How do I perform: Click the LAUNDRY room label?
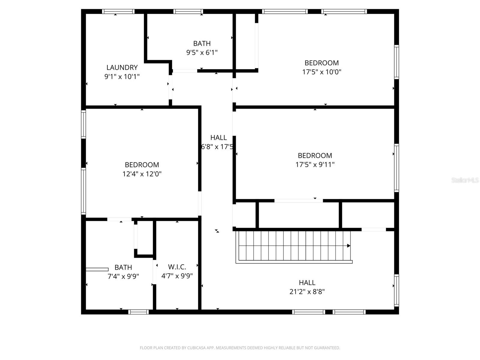pos(122,67)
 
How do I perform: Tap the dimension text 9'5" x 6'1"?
pos(202,52)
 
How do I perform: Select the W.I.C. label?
pos(177,267)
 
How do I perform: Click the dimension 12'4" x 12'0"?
pos(142,174)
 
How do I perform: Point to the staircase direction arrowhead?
pos(349,246)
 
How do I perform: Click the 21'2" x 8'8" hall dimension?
pos(307,292)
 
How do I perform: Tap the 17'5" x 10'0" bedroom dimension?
pos(322,72)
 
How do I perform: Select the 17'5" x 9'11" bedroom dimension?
pos(315,165)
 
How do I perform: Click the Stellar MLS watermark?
pos(465,180)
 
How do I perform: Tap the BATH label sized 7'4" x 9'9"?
pos(123,267)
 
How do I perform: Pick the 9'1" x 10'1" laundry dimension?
pos(122,76)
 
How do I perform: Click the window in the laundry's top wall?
pos(118,12)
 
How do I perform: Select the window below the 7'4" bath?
pos(138,312)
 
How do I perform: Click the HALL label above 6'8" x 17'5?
pos(218,138)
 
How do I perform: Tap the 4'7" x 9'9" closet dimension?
pos(177,276)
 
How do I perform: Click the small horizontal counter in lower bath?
pos(97,269)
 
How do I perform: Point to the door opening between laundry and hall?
pos(170,87)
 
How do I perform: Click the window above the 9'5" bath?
pos(188,12)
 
